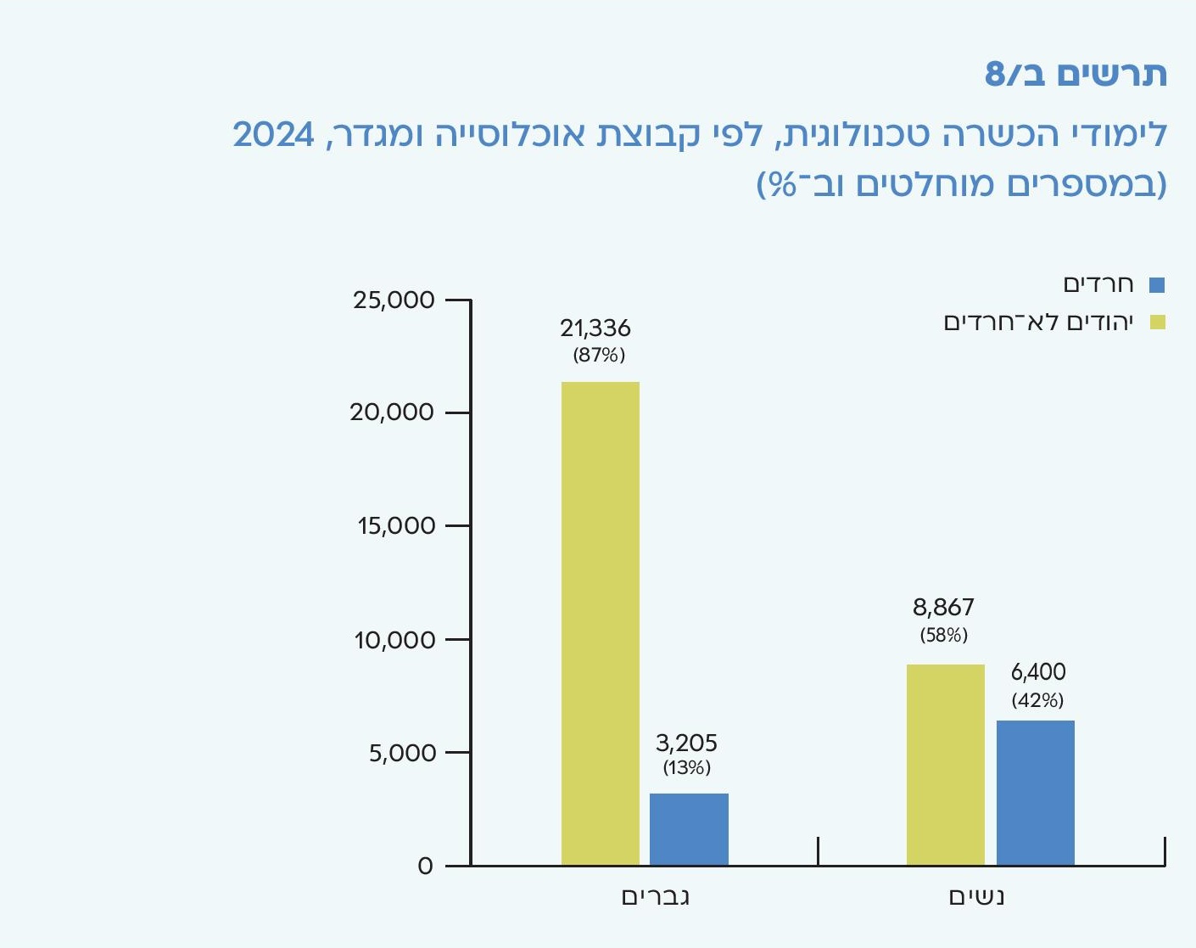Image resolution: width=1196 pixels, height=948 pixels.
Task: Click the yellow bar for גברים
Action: pyautogui.click(x=601, y=624)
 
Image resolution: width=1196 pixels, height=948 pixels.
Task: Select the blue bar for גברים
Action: pyautogui.click(x=689, y=829)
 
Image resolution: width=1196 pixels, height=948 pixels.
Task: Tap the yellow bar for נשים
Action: pyautogui.click(x=945, y=765)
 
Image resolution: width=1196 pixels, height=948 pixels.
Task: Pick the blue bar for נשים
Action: pyautogui.click(x=1035, y=793)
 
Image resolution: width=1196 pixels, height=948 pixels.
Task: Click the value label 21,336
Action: pyautogui.click(x=595, y=328)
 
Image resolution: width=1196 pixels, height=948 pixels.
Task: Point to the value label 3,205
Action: pyautogui.click(x=686, y=743)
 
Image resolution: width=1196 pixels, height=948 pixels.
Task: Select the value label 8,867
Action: pyautogui.click(x=943, y=608)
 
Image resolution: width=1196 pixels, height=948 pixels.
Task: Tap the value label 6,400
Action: pyautogui.click(x=1038, y=672)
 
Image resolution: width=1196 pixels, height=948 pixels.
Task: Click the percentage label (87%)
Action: pyautogui.click(x=599, y=355)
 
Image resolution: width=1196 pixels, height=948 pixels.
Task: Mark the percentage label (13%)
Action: pyautogui.click(x=686, y=768)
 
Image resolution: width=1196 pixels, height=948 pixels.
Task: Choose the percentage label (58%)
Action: pyautogui.click(x=943, y=635)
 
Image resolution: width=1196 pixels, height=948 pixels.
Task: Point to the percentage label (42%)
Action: pyautogui.click(x=1037, y=700)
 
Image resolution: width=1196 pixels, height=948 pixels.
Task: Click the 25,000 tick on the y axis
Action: pyautogui.click(x=394, y=300)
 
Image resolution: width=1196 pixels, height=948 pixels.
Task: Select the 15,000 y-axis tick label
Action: pyautogui.click(x=396, y=526)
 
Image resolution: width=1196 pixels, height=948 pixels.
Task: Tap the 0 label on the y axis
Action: pyautogui.click(x=425, y=867)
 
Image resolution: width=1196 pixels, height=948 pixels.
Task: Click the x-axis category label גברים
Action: pyautogui.click(x=655, y=897)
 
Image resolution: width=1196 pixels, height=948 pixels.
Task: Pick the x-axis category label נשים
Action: pyautogui.click(x=976, y=897)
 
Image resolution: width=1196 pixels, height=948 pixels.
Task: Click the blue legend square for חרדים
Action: pyautogui.click(x=1157, y=285)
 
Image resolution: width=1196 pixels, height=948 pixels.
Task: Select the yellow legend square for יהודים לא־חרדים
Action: pyautogui.click(x=1157, y=323)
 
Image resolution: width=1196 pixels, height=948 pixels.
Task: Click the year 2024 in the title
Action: pyautogui.click(x=273, y=135)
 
